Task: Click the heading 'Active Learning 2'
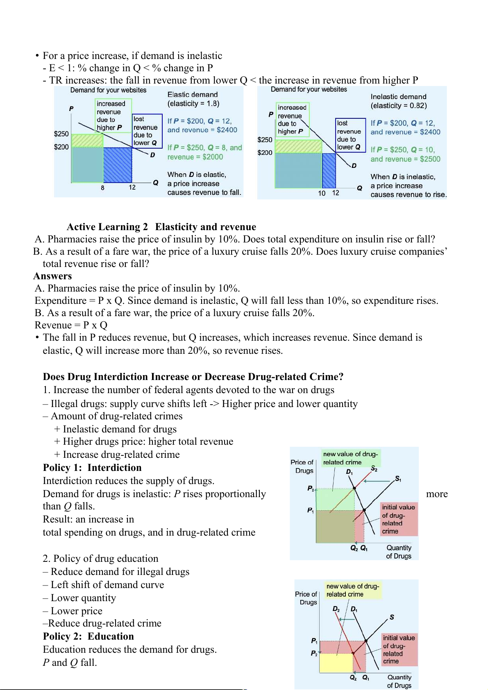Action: [107, 227]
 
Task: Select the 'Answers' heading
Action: [53, 276]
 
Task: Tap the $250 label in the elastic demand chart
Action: [61, 134]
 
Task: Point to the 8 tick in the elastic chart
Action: [102, 188]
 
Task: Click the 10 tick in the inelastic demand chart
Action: [322, 193]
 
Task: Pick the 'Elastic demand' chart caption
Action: [193, 95]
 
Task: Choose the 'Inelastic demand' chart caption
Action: [398, 97]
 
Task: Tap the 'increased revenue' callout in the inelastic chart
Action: [292, 119]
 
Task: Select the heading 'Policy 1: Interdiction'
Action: [92, 468]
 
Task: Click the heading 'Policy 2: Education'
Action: [89, 636]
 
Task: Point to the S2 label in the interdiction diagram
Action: [374, 468]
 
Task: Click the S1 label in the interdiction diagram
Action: [398, 479]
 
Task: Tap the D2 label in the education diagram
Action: [336, 609]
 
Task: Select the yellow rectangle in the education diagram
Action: [336, 662]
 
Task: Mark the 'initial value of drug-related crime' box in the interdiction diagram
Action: [399, 519]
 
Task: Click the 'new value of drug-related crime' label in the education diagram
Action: [353, 590]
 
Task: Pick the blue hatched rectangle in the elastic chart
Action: [118, 165]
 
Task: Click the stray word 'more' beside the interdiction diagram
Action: [437, 494]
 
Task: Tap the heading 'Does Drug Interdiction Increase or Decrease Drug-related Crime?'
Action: [193, 377]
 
